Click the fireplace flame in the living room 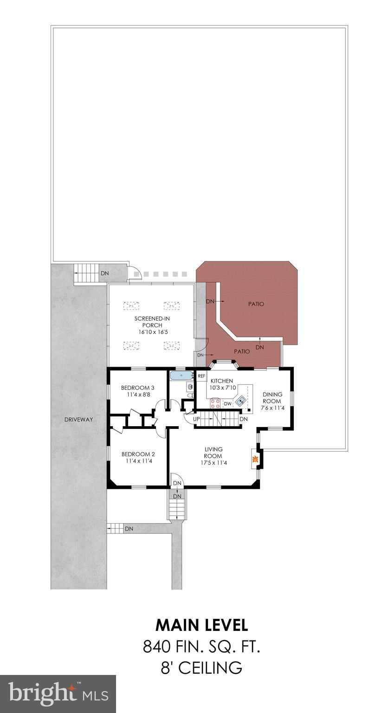[x=254, y=460]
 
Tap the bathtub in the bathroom [x=181, y=375]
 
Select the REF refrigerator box [x=201, y=376]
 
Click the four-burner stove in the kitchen [x=215, y=403]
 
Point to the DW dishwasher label [x=227, y=404]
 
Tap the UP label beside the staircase [x=197, y=419]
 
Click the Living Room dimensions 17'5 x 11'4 [x=213, y=462]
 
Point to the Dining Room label [x=272, y=398]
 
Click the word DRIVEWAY [x=78, y=420]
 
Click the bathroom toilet [x=190, y=395]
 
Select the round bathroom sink [x=189, y=386]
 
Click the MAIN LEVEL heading [x=201, y=625]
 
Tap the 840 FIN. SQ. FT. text [x=201, y=647]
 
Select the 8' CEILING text [x=201, y=668]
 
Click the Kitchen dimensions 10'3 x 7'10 [x=221, y=388]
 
